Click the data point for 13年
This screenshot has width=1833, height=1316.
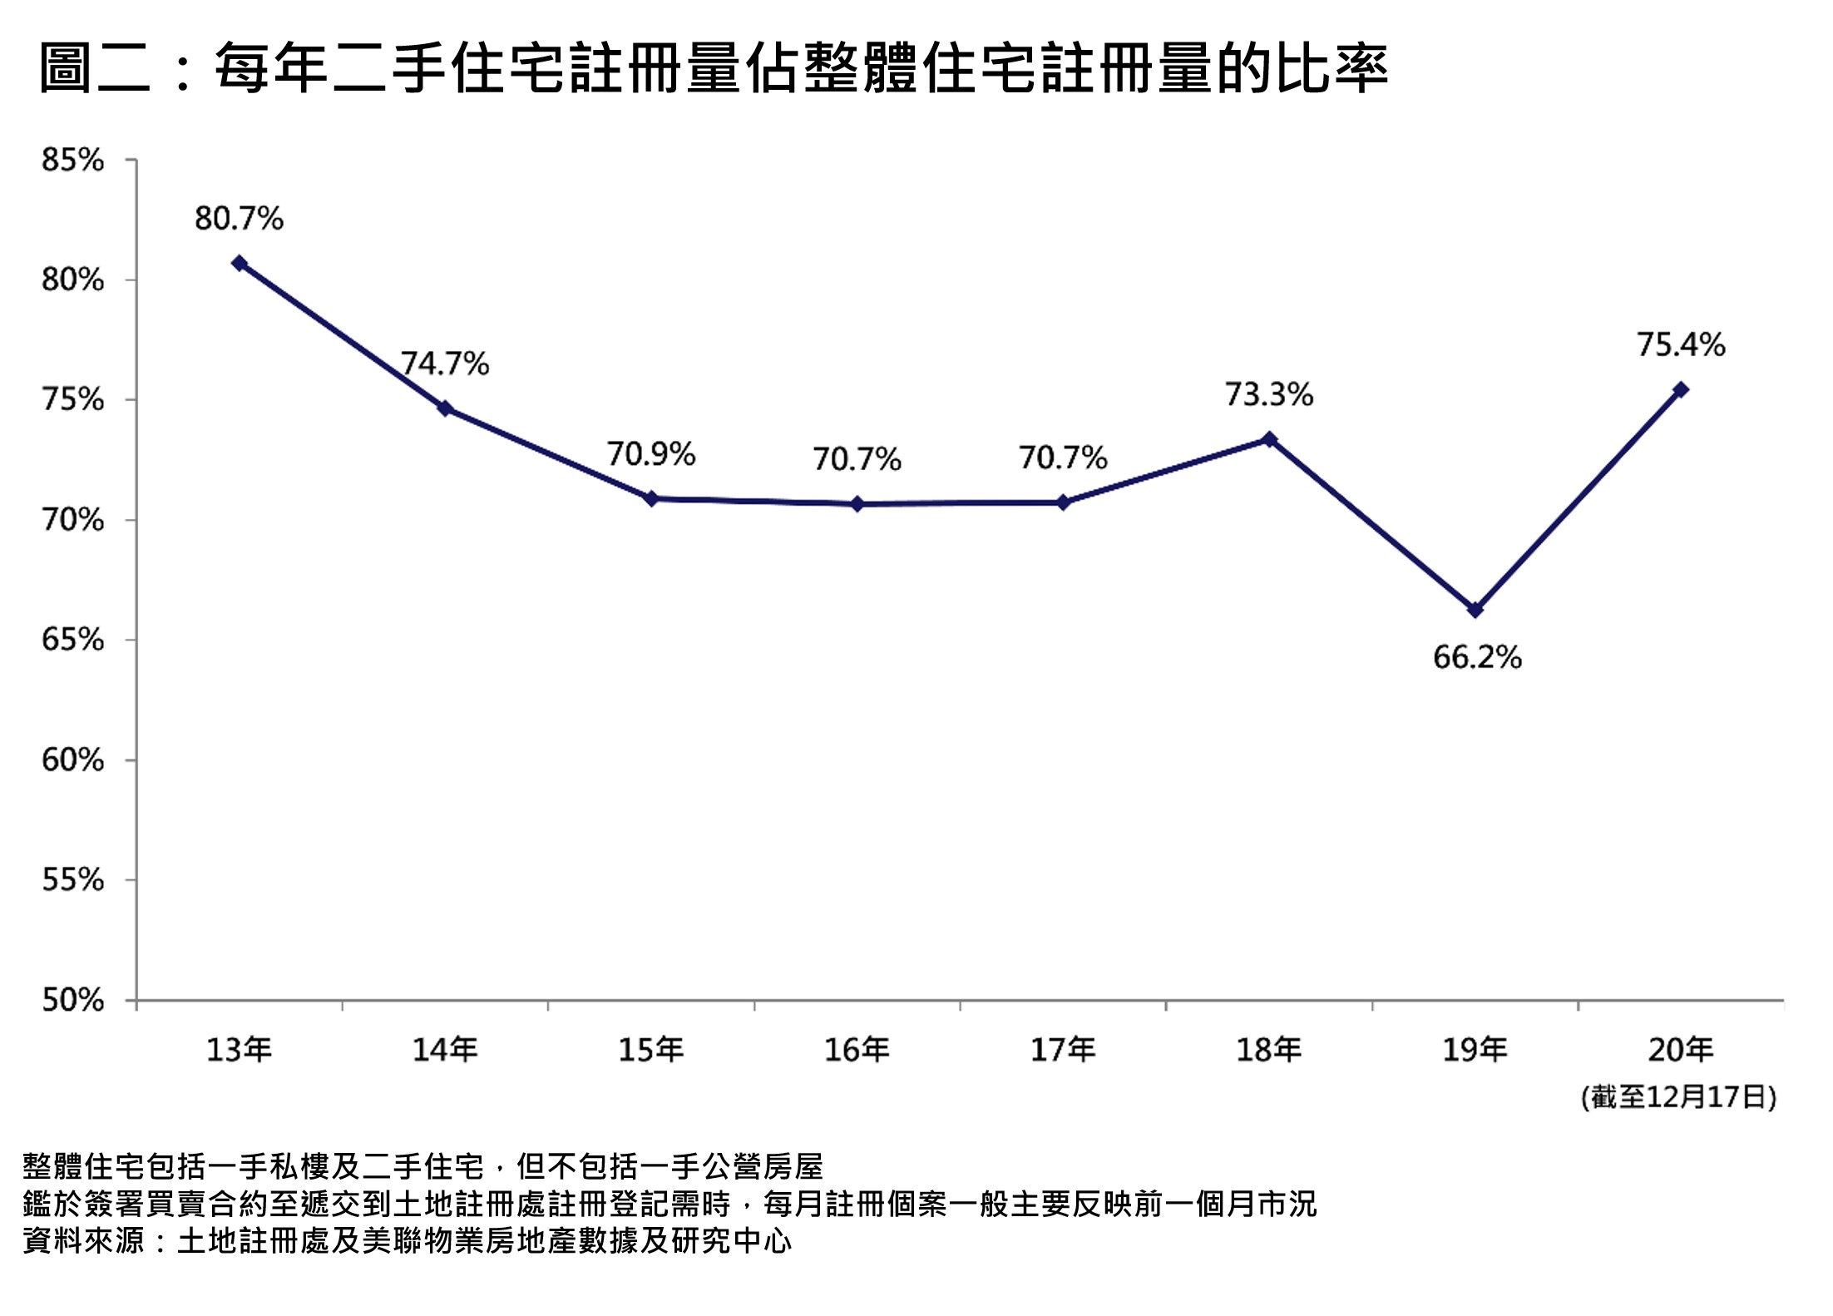(240, 263)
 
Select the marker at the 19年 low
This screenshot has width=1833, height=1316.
(1475, 610)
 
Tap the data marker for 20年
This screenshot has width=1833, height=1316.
(1681, 389)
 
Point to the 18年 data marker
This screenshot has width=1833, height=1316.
(1269, 438)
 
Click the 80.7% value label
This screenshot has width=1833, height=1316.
(240, 219)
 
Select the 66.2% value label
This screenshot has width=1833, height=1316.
(1477, 657)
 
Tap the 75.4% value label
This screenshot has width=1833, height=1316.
(1681, 344)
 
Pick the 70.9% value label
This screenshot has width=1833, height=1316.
(651, 454)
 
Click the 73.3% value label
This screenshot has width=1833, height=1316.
(1269, 394)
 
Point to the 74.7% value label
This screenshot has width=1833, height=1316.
(446, 364)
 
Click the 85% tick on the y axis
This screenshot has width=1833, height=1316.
(73, 160)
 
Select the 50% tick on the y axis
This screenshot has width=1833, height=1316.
(73, 1000)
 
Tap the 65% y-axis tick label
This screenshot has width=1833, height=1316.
(73, 640)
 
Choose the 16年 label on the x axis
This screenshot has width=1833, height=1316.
(857, 1050)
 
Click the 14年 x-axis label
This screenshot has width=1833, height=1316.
(446, 1050)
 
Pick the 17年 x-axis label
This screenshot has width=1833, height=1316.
(1064, 1050)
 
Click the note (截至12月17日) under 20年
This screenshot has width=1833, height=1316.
(1679, 1097)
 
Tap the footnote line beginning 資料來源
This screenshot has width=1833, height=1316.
(407, 1241)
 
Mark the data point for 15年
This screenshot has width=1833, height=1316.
(652, 498)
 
